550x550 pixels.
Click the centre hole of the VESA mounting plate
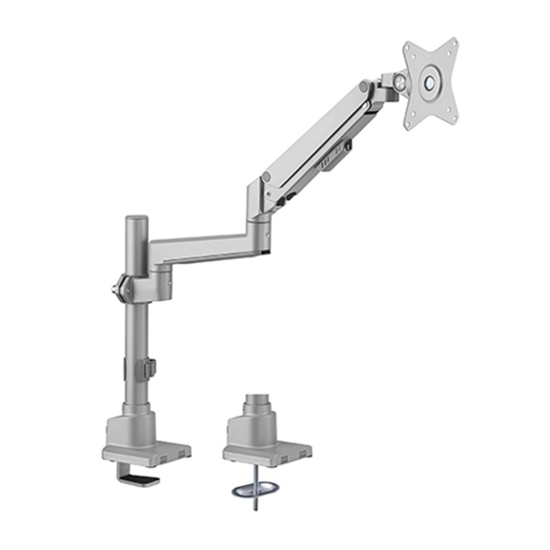click(431, 82)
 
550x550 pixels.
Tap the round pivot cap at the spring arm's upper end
click(363, 87)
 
